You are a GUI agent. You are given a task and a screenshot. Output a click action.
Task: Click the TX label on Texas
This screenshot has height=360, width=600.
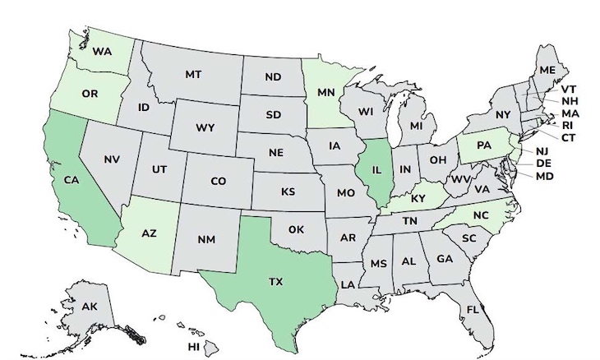275,281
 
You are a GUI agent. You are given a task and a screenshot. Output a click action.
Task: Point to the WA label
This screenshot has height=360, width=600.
101,51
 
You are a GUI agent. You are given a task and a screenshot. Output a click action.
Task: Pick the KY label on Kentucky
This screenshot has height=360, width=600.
418,198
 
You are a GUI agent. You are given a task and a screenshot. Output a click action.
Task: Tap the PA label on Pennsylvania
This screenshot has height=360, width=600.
484,145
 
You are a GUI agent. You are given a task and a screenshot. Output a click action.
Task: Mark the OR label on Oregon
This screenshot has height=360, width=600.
90,92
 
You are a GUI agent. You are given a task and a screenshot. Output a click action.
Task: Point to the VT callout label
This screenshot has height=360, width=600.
568,88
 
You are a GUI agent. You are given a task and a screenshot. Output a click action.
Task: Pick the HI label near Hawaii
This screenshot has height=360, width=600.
193,347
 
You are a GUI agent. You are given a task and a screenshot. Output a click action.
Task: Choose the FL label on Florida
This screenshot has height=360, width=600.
472,310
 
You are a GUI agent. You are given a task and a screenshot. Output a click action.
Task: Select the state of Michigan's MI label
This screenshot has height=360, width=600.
417,128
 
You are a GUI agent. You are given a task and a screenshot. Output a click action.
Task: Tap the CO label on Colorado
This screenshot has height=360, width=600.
218,181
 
